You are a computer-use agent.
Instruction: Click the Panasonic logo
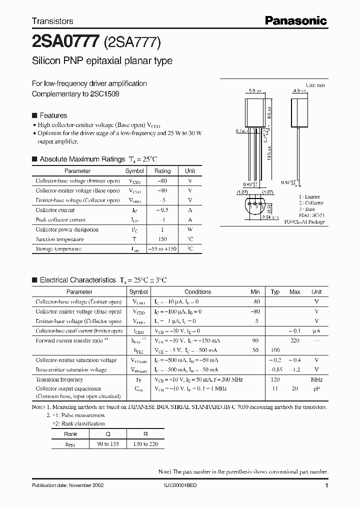(295, 20)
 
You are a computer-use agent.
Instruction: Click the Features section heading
(53, 115)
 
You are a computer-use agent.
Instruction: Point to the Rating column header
(162, 171)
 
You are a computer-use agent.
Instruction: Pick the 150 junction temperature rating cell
(162, 239)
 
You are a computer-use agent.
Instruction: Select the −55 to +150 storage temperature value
(162, 248)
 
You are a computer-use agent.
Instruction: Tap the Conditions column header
(198, 292)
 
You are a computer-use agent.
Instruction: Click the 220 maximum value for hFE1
(294, 340)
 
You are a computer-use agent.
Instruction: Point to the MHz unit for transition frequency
(316, 379)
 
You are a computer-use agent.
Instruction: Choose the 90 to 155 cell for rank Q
(107, 444)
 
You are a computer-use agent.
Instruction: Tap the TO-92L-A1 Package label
(304, 221)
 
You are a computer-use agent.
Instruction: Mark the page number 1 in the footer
(326, 485)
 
